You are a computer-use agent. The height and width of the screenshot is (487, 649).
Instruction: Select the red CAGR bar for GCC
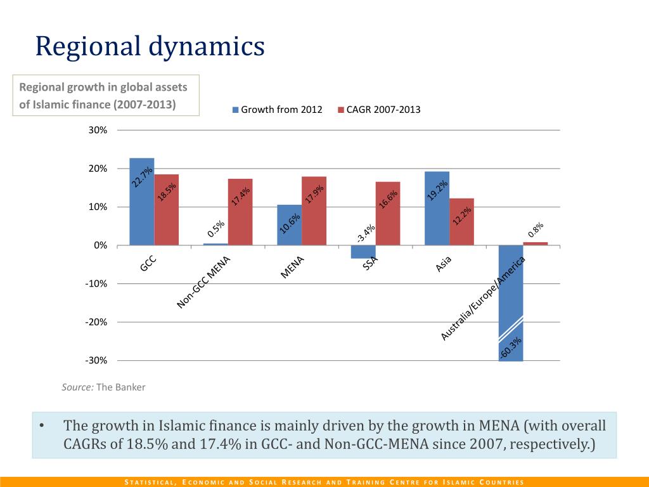(166, 209)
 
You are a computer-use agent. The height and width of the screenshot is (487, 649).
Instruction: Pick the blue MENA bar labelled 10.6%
(290, 225)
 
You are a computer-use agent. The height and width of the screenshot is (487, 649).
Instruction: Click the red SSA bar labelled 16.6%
(388, 213)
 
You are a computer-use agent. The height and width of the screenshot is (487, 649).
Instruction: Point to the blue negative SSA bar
(363, 252)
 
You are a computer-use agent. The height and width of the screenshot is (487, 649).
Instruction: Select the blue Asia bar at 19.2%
(437, 208)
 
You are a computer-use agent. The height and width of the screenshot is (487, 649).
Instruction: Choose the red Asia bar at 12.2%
(462, 221)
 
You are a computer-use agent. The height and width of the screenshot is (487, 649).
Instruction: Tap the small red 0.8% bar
(536, 243)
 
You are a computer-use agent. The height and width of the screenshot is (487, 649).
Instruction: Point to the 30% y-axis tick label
(99, 130)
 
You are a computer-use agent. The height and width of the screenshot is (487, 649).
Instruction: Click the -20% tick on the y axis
(97, 322)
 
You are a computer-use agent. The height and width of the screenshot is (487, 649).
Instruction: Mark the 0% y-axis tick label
(101, 245)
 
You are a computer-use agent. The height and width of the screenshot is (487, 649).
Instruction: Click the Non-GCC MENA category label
(203, 283)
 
